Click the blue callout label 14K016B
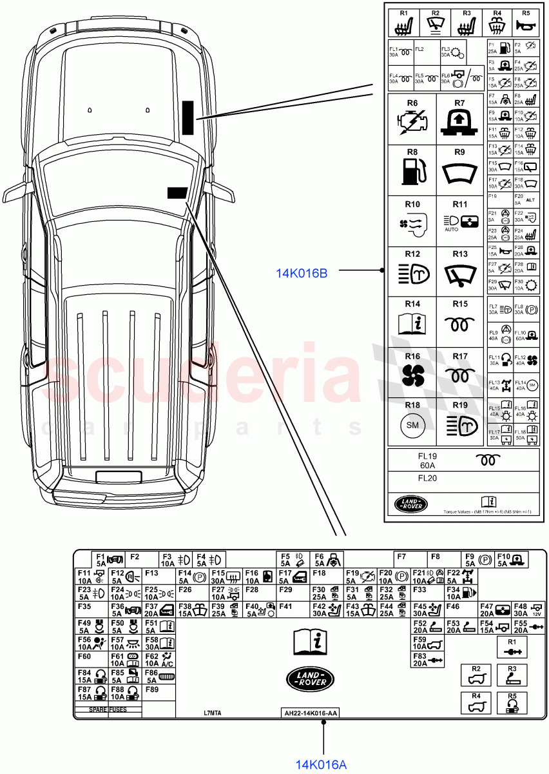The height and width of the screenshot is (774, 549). click(x=302, y=273)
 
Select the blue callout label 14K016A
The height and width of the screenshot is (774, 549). click(x=321, y=764)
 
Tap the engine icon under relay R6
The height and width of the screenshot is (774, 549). click(x=412, y=123)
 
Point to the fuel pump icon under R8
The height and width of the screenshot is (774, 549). click(x=412, y=172)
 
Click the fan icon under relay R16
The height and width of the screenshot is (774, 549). click(x=412, y=375)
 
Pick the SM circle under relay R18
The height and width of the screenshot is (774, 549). click(x=412, y=425)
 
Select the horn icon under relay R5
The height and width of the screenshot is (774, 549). click(x=525, y=26)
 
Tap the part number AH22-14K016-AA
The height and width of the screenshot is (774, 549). click(x=311, y=713)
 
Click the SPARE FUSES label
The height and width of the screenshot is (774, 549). click(x=108, y=709)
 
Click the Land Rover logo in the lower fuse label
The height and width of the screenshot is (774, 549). click(x=311, y=677)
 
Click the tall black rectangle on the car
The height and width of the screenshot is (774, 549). click(x=188, y=117)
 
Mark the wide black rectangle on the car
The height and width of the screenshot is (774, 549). click(x=177, y=192)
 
